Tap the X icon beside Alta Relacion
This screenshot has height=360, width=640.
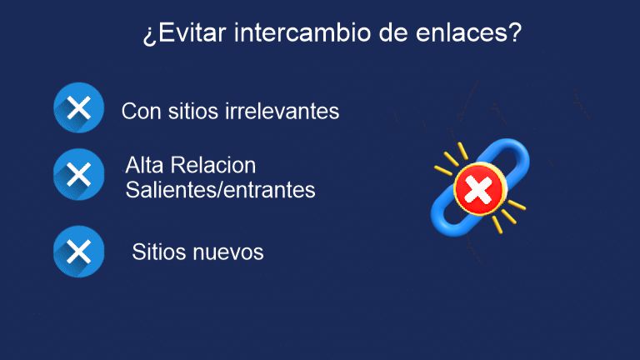pos(78,174)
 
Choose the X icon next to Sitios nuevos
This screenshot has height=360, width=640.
pos(78,252)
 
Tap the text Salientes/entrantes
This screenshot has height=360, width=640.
pos(220,190)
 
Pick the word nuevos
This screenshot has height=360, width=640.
pos(228,252)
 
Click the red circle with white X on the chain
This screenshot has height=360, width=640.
pos(477,190)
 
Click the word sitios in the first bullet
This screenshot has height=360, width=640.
pos(191,111)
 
